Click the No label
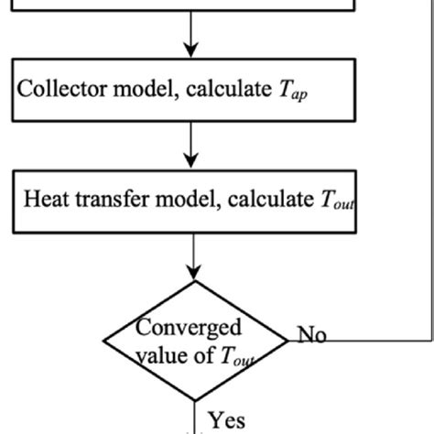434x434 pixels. [x=312, y=335]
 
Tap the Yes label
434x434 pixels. [x=226, y=420]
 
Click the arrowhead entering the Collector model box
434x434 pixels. [x=190, y=51]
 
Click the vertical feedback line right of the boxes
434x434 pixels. [x=426, y=183]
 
